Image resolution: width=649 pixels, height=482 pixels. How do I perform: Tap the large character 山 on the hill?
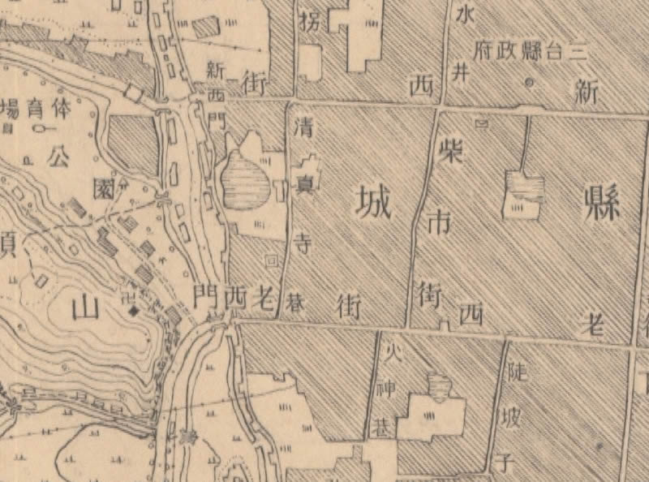[84, 308]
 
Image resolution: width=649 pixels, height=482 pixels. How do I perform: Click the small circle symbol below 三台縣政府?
[531, 82]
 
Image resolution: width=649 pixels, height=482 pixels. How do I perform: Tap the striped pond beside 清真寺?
[248, 185]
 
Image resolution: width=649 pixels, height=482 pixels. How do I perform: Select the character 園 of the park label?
[102, 189]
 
